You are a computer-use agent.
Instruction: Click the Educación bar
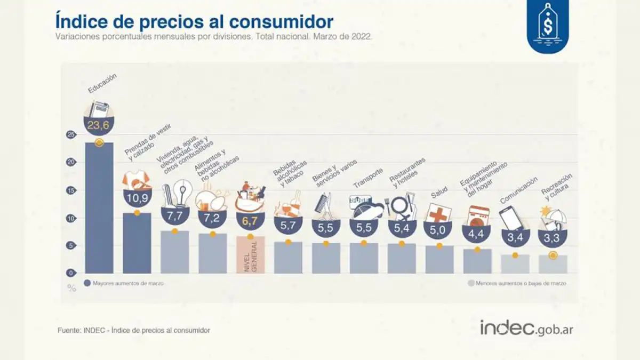[99, 208]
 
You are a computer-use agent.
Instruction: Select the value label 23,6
[99, 126]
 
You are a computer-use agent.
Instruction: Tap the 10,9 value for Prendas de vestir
[137, 198]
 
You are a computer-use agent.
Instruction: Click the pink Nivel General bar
[250, 254]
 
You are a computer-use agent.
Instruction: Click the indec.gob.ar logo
[526, 328]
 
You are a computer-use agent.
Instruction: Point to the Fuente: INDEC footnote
[134, 331]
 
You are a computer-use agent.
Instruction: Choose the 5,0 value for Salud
[439, 231]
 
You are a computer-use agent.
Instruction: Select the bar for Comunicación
[515, 264]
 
